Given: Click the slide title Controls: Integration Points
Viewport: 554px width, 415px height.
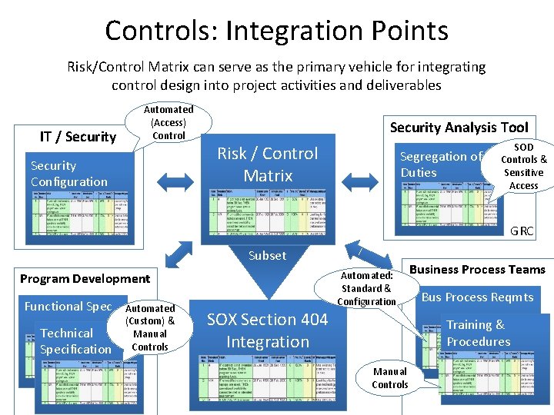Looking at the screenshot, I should click(x=276, y=31).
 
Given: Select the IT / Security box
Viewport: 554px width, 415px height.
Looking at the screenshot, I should click(x=77, y=137).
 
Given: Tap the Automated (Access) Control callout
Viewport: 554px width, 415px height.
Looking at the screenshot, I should click(x=169, y=123).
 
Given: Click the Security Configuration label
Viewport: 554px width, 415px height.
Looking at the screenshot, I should click(x=69, y=174).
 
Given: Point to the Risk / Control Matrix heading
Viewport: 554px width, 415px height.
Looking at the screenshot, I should click(x=267, y=164).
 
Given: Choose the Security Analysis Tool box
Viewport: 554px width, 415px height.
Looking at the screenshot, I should click(x=459, y=128).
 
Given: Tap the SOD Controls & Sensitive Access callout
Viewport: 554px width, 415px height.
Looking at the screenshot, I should click(x=523, y=166).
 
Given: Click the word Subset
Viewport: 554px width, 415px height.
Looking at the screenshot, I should click(x=267, y=255).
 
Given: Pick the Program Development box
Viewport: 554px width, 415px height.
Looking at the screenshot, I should click(x=85, y=278).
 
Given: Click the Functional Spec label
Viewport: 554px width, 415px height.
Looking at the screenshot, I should click(x=68, y=306).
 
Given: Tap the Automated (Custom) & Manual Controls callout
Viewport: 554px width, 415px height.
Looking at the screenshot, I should click(x=150, y=327).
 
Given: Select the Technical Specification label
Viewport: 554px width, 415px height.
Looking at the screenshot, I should click(x=75, y=341).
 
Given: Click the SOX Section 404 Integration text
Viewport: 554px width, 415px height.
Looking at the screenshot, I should click(x=267, y=330).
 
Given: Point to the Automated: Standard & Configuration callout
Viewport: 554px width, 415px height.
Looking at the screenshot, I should click(x=366, y=288).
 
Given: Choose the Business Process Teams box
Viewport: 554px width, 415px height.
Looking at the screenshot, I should click(x=477, y=269).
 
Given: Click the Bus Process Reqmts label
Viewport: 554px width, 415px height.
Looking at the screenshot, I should click(x=476, y=297).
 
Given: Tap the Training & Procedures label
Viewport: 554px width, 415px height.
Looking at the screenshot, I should click(x=478, y=334).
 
